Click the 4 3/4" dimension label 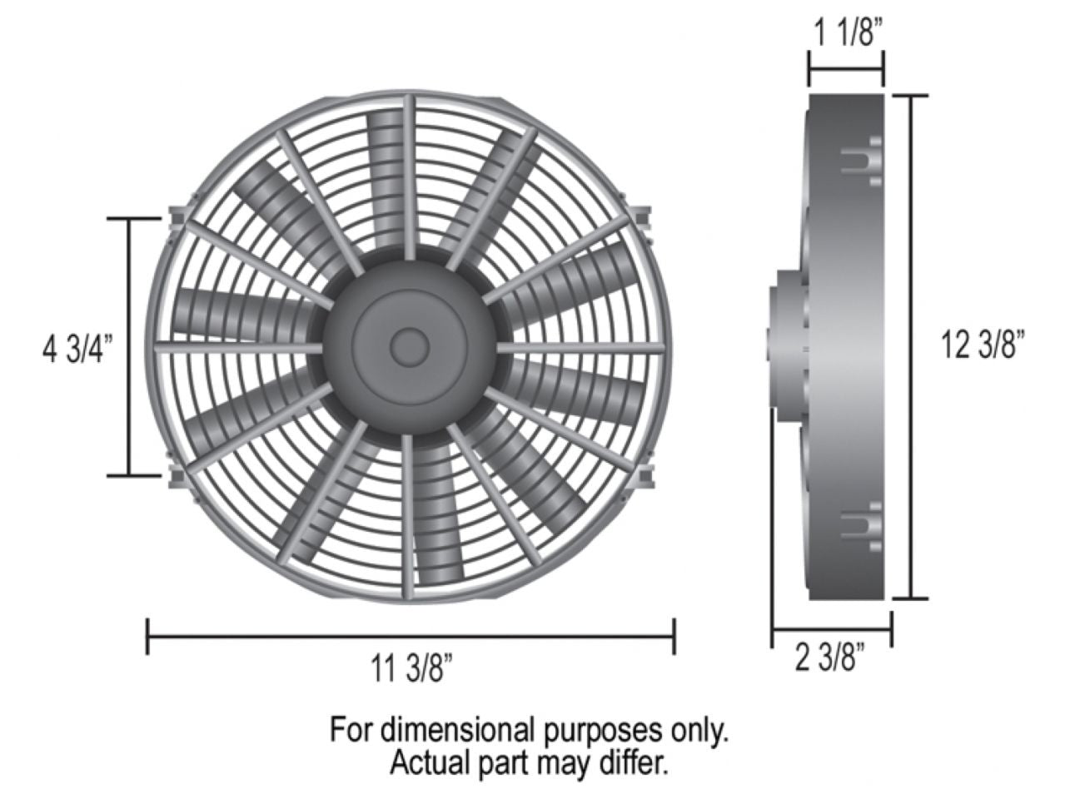point(75,349)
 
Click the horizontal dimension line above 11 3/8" point(411,637)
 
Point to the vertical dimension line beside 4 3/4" point(129,347)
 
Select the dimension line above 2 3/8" point(831,629)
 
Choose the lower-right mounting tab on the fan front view point(644,477)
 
